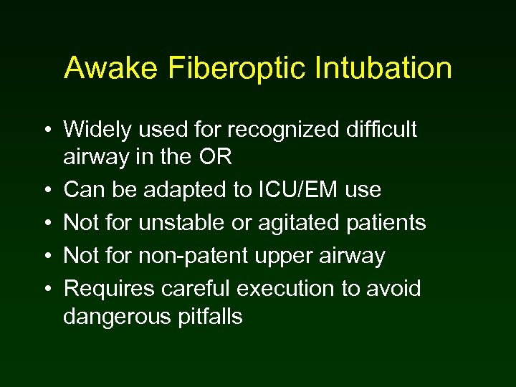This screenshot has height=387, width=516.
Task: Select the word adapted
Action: [188, 190]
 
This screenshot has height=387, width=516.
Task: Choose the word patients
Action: [387, 223]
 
